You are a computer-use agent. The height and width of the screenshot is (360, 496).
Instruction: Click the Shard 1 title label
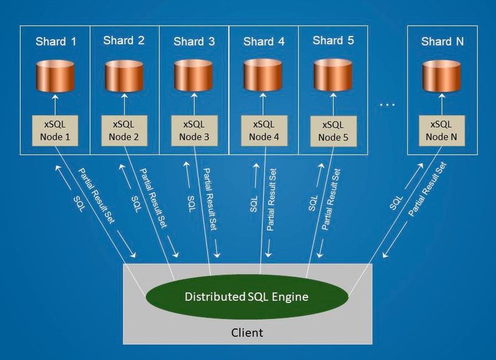coord(56,42)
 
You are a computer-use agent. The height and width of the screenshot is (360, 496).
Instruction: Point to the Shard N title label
coord(442,42)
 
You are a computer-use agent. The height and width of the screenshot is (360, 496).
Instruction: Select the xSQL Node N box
coord(442,130)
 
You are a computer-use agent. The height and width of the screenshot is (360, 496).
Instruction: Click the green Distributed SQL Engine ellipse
coord(247,296)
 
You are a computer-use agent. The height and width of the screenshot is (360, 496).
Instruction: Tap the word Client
coord(246,333)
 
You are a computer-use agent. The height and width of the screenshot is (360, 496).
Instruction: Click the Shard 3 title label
coord(194,42)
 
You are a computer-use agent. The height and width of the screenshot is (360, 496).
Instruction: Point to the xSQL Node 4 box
coord(263,130)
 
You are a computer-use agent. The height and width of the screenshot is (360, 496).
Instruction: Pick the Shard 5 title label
coord(334,41)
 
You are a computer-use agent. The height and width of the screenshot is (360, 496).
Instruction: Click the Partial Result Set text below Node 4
coord(272,199)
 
